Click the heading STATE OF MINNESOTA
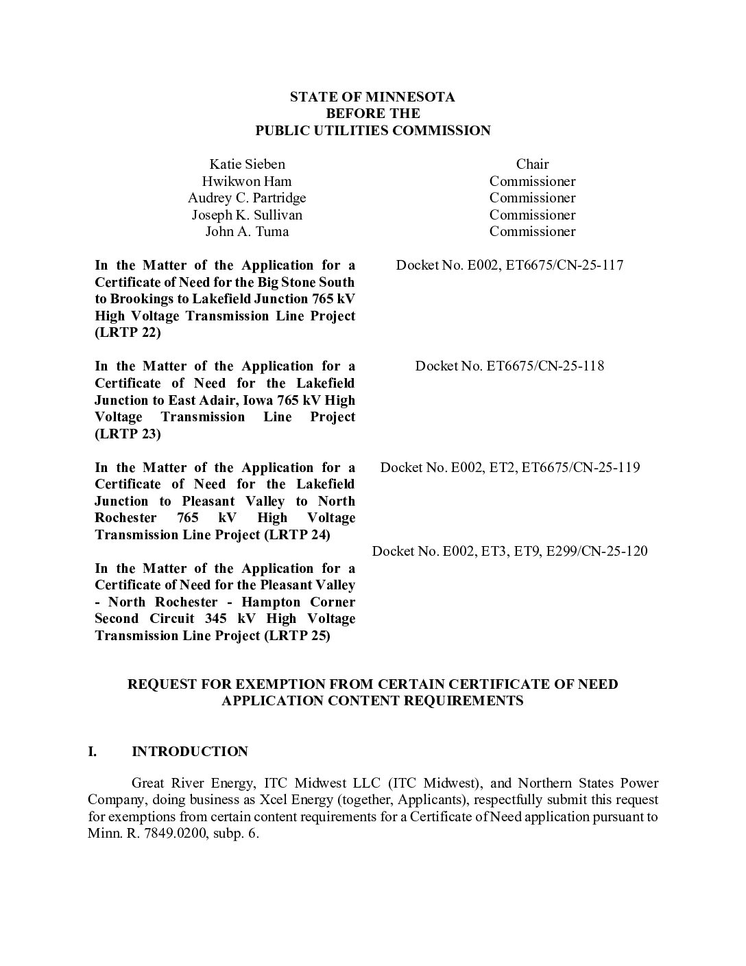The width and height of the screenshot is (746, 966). pyautogui.click(x=372, y=97)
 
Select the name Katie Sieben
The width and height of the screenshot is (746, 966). pyautogui.click(x=247, y=164)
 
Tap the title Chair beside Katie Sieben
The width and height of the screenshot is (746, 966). pyautogui.click(x=532, y=164)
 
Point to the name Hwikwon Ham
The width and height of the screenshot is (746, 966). pyautogui.click(x=247, y=181)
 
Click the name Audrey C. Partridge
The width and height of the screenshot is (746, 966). pyautogui.click(x=247, y=198)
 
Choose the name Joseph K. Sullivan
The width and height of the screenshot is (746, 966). pyautogui.click(x=247, y=215)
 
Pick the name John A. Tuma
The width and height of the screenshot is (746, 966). pyautogui.click(x=247, y=231)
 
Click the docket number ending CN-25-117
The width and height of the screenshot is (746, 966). pyautogui.click(x=509, y=265)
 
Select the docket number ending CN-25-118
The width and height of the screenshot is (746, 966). pyautogui.click(x=509, y=366)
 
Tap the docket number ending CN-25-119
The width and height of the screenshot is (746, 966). pyautogui.click(x=509, y=467)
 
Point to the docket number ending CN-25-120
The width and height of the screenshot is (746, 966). pyautogui.click(x=509, y=551)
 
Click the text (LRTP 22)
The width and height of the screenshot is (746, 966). pyautogui.click(x=128, y=333)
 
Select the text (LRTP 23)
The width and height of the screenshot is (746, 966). pyautogui.click(x=128, y=434)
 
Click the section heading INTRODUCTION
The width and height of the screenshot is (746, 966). pyautogui.click(x=189, y=751)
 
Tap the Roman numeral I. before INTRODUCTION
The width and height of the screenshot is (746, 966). pyautogui.click(x=93, y=751)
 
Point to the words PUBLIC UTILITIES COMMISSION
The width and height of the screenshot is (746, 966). pyautogui.click(x=372, y=130)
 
